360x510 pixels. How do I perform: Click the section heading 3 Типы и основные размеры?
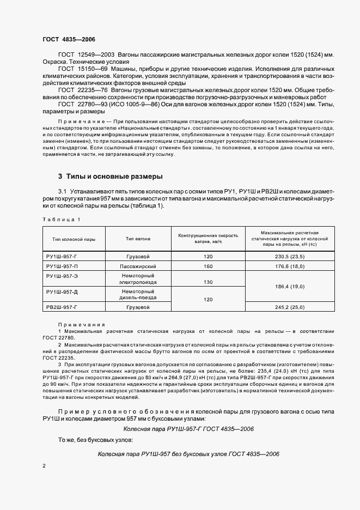coord(111,177)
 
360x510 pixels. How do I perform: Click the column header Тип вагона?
coord(138,239)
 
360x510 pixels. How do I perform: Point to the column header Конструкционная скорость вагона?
coord(209,239)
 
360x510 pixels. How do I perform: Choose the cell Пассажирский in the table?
coord(138,266)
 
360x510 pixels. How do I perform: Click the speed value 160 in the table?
coord(208,266)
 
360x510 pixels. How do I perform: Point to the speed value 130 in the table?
coord(208,282)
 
